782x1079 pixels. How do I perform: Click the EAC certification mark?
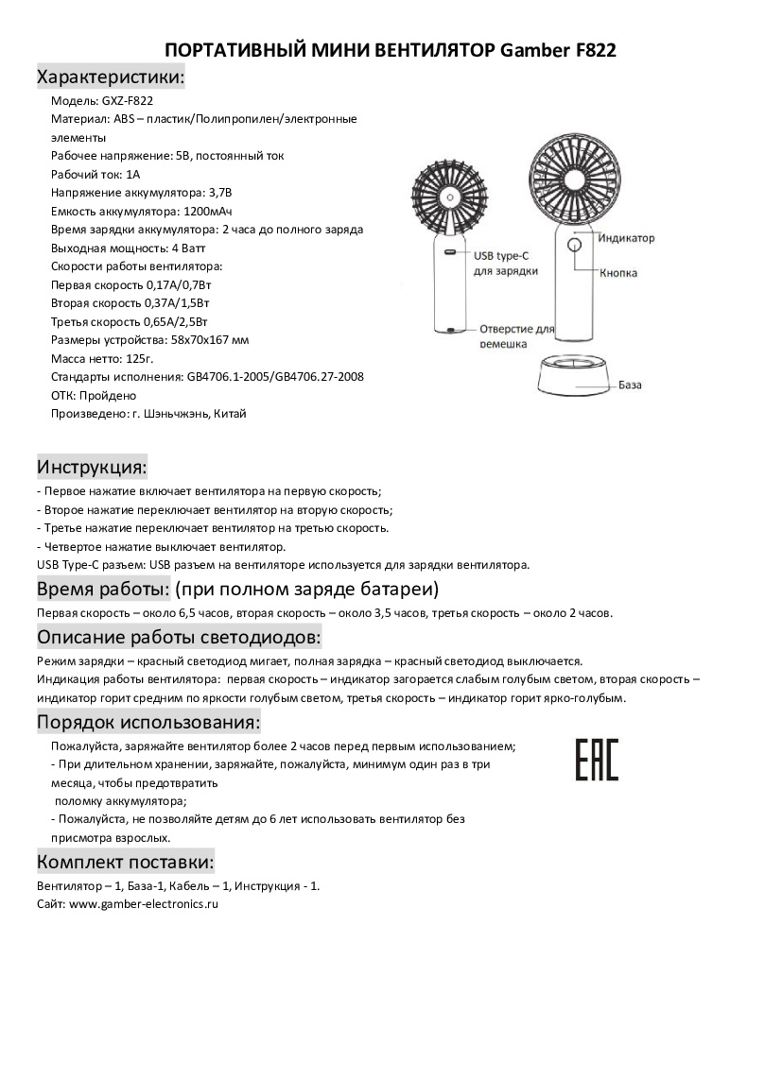pyautogui.click(x=597, y=759)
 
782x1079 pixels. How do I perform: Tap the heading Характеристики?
pyautogui.click(x=110, y=77)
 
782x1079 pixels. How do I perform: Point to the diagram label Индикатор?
pyautogui.click(x=626, y=238)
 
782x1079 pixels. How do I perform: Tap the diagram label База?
pyautogui.click(x=631, y=385)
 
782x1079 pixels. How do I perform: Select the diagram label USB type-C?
pyautogui.click(x=506, y=255)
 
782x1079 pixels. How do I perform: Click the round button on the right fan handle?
pyautogui.click(x=574, y=245)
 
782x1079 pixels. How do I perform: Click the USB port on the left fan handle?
pyautogui.click(x=451, y=253)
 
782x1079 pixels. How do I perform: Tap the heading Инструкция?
pyautogui.click(x=92, y=467)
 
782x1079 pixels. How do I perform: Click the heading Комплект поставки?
pyautogui.click(x=126, y=862)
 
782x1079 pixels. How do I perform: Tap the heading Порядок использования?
pyautogui.click(x=148, y=723)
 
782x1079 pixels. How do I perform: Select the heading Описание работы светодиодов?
pyautogui.click(x=180, y=635)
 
